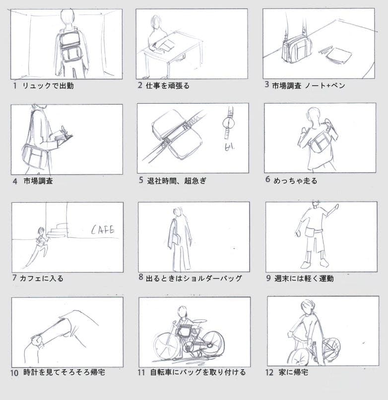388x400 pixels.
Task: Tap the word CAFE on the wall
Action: (x=103, y=229)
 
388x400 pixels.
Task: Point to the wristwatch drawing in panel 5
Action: (x=228, y=123)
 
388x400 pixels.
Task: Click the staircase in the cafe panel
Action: (x=58, y=230)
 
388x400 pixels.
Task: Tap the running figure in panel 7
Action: (x=38, y=246)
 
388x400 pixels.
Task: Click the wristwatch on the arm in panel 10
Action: (x=37, y=342)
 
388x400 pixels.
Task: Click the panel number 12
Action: (x=269, y=372)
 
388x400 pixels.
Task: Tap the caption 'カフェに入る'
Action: (x=41, y=279)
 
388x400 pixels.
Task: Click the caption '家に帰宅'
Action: (x=294, y=372)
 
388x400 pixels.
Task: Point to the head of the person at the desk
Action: (x=156, y=21)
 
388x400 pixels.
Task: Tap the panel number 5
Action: (x=141, y=180)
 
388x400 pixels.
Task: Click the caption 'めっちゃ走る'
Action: (x=295, y=181)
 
